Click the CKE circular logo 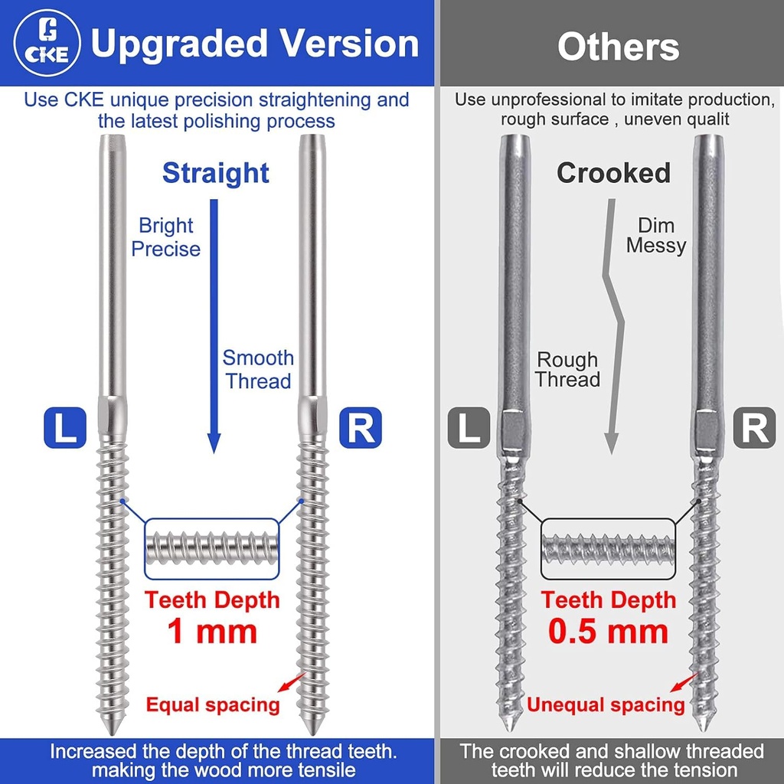(47, 43)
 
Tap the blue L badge (65, 427)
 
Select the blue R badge (361, 427)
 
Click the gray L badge (469, 427)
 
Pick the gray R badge (754, 427)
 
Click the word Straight (216, 174)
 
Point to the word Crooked (613, 173)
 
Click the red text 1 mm (212, 631)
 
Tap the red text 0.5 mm (608, 631)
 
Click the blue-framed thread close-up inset (212, 548)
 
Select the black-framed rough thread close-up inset (608, 548)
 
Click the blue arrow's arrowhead (214, 443)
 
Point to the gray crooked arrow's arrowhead (611, 443)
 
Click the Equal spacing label (213, 704)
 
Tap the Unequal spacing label (606, 704)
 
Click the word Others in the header (619, 47)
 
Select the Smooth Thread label (258, 370)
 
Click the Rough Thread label (567, 370)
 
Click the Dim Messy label (656, 236)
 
